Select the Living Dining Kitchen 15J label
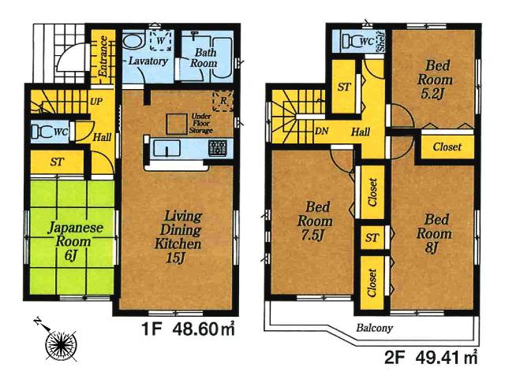tap(184, 229)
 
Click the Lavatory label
tap(147, 61)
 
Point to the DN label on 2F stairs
tap(321, 133)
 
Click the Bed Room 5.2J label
tap(436, 72)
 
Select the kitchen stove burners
tap(218, 147)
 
